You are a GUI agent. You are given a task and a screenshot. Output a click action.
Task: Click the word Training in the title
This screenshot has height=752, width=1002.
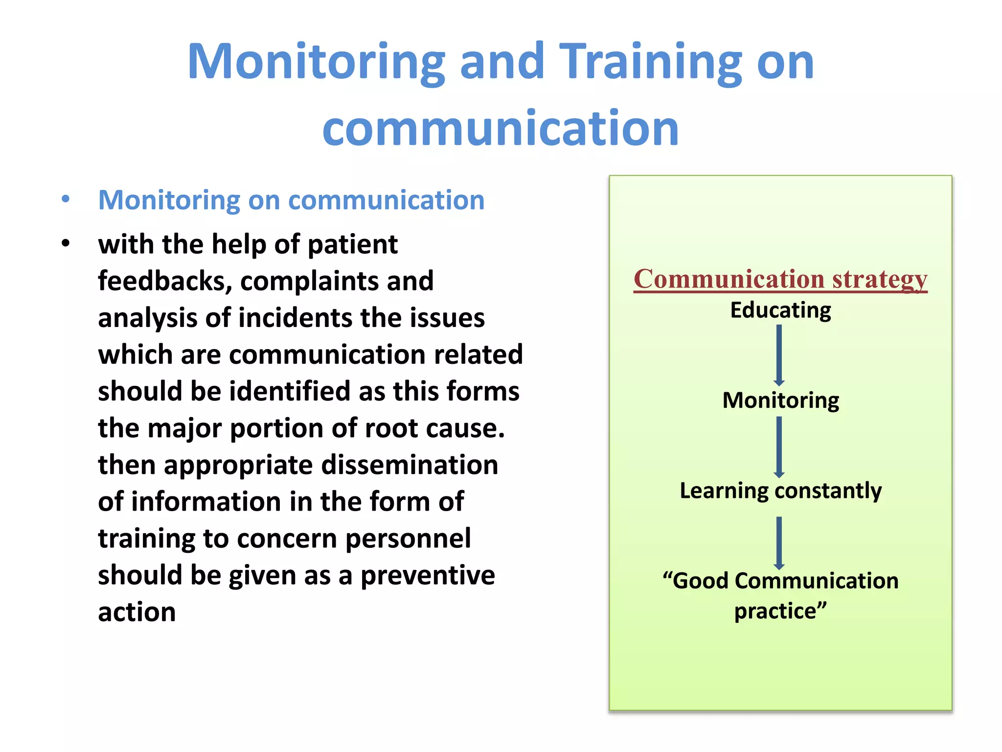(650, 62)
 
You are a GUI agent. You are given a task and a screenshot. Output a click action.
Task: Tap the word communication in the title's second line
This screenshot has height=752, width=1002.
(501, 128)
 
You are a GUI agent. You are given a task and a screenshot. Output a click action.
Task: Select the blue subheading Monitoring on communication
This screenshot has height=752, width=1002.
(291, 200)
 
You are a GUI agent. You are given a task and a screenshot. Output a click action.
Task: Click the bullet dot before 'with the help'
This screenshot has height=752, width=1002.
(66, 243)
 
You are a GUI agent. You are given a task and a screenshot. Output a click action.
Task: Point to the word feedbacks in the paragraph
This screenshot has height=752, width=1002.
(161, 281)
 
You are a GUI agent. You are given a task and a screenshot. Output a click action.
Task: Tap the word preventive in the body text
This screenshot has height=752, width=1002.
(428, 575)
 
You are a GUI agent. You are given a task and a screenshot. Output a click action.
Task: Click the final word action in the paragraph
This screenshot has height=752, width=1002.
(137, 612)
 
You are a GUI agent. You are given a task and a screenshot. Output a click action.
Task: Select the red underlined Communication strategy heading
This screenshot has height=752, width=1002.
(780, 279)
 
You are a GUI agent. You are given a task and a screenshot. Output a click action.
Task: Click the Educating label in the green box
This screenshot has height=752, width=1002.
(780, 310)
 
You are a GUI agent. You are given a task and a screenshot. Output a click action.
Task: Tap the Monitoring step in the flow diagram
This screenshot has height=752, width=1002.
(780, 400)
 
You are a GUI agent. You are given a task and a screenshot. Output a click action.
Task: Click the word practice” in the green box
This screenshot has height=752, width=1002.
(780, 611)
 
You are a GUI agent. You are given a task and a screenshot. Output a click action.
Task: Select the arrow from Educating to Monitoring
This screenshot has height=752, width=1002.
(779, 355)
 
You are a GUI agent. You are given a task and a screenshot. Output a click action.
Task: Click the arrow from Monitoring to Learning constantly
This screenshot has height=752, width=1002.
(779, 446)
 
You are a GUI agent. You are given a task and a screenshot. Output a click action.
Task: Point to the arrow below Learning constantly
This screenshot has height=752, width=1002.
(779, 542)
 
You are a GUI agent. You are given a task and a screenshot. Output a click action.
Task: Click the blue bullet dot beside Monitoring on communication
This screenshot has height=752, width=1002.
(66, 199)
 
